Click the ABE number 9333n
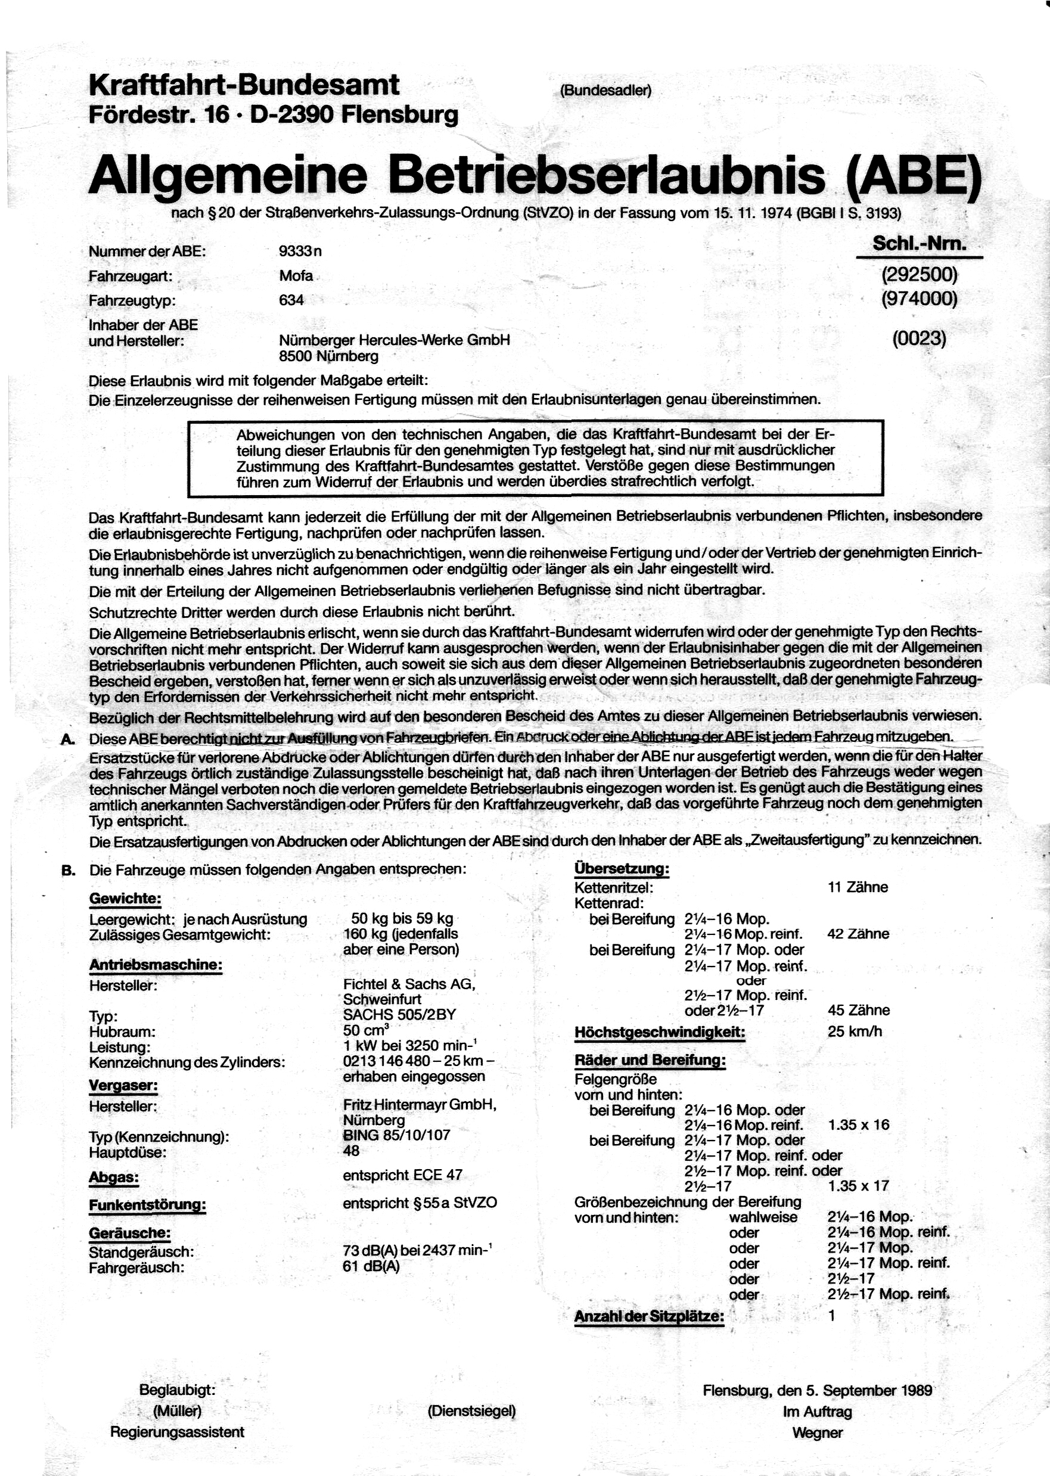(300, 251)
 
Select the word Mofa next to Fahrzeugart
(296, 276)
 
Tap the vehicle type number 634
(291, 301)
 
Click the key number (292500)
(919, 275)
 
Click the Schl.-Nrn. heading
(919, 244)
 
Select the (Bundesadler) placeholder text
(605, 91)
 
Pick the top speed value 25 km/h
(854, 1031)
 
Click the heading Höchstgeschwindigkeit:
(660, 1033)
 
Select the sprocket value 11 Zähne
(858, 887)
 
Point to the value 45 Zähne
(858, 1010)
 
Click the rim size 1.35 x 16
(858, 1124)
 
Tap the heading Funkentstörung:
(147, 1205)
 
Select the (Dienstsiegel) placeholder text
(471, 1410)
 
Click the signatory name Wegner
(817, 1433)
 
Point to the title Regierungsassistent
(177, 1432)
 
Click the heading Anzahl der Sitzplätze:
(649, 1316)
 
